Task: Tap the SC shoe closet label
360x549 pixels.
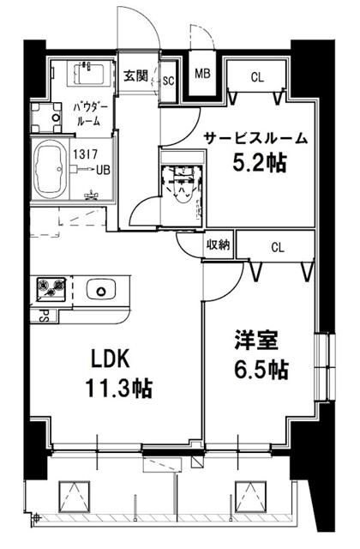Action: coord(168,80)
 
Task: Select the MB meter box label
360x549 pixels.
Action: coord(204,74)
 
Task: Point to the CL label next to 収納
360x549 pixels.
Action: coord(276,247)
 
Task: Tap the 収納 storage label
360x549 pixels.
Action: coord(218,245)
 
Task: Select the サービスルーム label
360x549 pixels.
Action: coord(255,137)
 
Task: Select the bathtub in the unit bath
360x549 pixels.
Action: coord(50,167)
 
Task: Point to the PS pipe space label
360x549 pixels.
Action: coord(39,315)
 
